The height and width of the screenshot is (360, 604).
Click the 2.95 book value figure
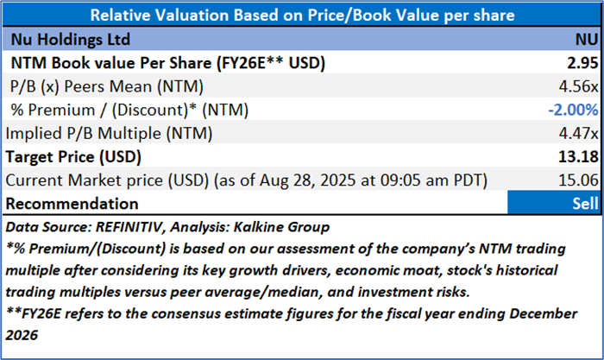pos(578,63)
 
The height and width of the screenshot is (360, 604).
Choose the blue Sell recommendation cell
pos(551,204)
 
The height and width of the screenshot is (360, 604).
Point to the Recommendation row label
pos(74,204)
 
